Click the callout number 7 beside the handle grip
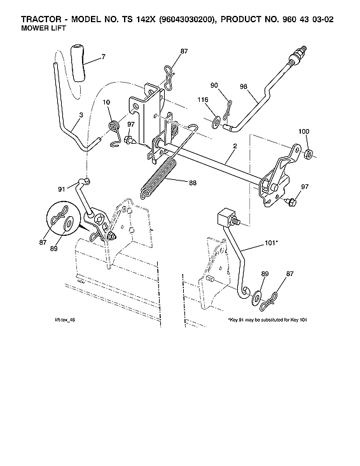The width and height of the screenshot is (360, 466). click(x=103, y=57)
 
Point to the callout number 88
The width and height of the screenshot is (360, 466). click(x=193, y=183)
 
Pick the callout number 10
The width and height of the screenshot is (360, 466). click(x=106, y=102)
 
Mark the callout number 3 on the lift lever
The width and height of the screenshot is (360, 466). click(x=81, y=116)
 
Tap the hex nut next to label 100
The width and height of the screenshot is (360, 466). click(x=308, y=154)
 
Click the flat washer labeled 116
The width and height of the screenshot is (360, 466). click(x=218, y=119)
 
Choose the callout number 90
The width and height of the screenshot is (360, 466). click(x=214, y=85)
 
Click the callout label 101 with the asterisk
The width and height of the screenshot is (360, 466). click(x=272, y=243)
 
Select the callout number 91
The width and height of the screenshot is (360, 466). click(x=62, y=189)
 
